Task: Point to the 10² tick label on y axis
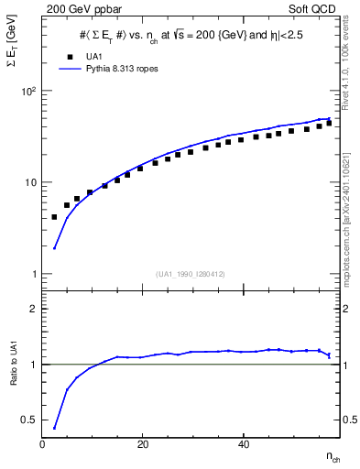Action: pos(28,92)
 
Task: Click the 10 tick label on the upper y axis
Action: pos(30,182)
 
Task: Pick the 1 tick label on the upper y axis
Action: pos(33,274)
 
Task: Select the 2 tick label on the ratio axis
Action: pos(33,309)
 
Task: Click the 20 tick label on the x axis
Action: pos(142,444)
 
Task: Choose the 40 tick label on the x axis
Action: pos(243,444)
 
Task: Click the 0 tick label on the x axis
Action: pos(42,444)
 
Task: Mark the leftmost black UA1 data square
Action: pos(54,217)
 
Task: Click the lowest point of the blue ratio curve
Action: pos(54,428)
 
